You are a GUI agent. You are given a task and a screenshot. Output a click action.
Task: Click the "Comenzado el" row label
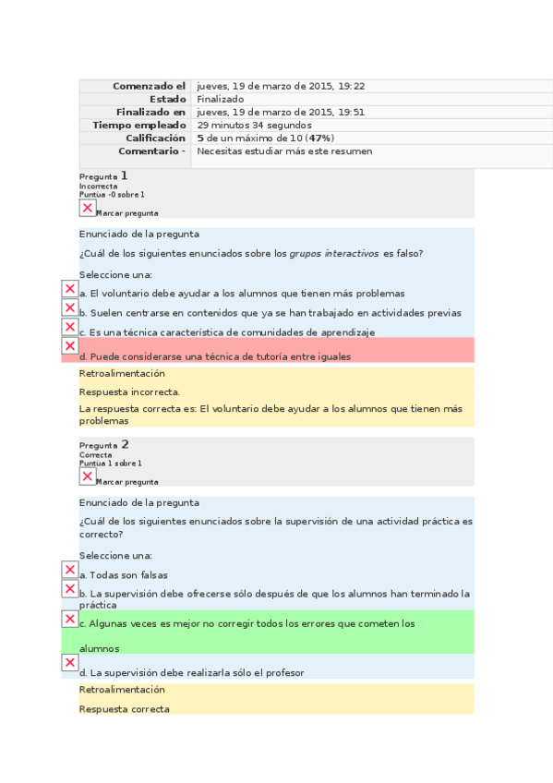149,86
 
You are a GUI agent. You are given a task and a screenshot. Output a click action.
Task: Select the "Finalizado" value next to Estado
221,99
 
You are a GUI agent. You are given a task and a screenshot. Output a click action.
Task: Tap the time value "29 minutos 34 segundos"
254,125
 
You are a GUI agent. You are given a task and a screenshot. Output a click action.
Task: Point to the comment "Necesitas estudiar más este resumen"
284,151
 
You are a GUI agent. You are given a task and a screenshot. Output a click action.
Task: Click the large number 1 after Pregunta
124,175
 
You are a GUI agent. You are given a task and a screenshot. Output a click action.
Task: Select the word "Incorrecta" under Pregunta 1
98,186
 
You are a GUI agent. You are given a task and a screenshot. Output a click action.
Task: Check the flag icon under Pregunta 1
88,208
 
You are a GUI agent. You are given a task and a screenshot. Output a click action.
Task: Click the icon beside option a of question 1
69,289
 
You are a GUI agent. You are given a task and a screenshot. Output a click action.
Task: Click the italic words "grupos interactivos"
333,254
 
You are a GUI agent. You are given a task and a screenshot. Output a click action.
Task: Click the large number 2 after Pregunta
125,444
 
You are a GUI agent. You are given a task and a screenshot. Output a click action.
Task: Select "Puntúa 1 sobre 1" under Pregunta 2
111,463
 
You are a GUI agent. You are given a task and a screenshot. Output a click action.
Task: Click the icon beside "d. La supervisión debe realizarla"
69,662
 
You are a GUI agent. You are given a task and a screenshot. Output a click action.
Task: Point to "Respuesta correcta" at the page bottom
125,709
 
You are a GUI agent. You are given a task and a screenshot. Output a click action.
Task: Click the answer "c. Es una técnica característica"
227,332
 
